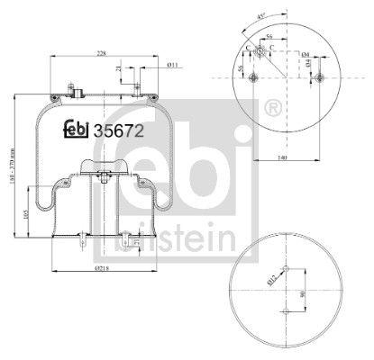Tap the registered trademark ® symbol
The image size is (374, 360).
pos(271,109)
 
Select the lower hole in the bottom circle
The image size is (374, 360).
pos(287,310)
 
